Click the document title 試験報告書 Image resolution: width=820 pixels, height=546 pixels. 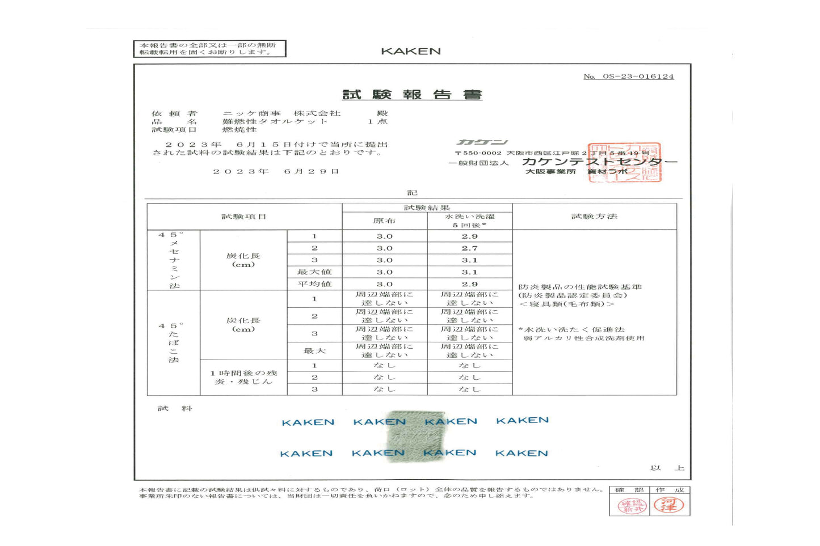[412, 95]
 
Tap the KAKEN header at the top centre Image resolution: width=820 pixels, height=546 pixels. [411, 51]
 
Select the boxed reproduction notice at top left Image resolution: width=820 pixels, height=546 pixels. [209, 49]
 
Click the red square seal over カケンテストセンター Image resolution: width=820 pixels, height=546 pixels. [624, 163]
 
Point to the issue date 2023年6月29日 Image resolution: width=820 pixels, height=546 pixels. [276, 171]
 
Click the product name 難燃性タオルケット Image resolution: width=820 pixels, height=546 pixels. [275, 121]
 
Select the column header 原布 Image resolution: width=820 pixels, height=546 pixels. [384, 221]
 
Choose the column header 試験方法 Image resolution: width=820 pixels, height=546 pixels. [594, 216]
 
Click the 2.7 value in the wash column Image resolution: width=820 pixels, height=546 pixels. [469, 248]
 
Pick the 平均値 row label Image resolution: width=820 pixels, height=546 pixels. [314, 284]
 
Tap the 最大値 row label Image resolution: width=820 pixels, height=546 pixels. [314, 272]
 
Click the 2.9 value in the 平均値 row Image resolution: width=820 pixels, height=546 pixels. [469, 284]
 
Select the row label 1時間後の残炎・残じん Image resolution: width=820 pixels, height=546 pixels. [243, 378]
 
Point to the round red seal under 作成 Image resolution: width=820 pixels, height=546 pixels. [668, 505]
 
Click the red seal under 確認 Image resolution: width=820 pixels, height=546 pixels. [632, 506]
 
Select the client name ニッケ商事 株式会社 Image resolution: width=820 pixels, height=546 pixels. [281, 113]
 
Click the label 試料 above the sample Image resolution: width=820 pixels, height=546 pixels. [175, 408]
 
